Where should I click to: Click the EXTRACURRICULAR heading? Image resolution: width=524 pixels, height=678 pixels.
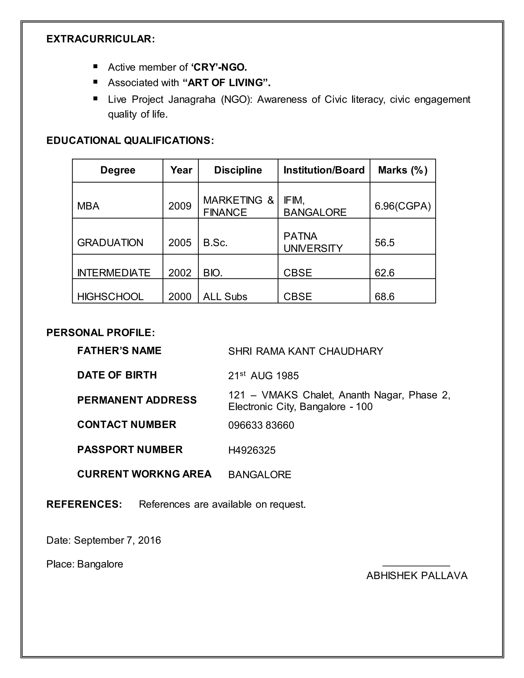pyautogui.click(x=100, y=39)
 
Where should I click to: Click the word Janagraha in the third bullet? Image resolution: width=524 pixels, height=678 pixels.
pyautogui.click(x=192, y=99)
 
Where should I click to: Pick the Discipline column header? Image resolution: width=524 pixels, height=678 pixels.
pyautogui.click(x=238, y=170)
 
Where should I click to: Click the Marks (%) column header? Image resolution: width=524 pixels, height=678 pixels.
pyautogui.click(x=403, y=170)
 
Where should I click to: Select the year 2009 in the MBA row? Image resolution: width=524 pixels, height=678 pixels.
pyautogui.click(x=180, y=206)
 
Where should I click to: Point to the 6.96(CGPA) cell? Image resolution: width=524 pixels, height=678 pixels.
pyautogui.click(x=403, y=206)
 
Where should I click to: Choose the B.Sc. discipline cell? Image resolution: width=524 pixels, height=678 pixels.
pyautogui.click(x=215, y=243)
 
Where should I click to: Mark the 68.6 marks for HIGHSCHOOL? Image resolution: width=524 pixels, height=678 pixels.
pyautogui.click(x=384, y=297)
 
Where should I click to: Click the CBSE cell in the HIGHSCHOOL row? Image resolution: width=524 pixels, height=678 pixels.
pyautogui.click(x=297, y=297)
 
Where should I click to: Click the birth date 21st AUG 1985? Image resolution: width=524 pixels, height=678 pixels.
pyautogui.click(x=263, y=376)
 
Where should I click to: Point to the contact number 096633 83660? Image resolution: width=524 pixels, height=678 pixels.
pyautogui.click(x=261, y=425)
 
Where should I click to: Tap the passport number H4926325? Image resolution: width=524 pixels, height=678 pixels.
pyautogui.click(x=252, y=450)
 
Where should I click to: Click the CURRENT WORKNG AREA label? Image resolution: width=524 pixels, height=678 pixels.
pyautogui.click(x=144, y=474)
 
